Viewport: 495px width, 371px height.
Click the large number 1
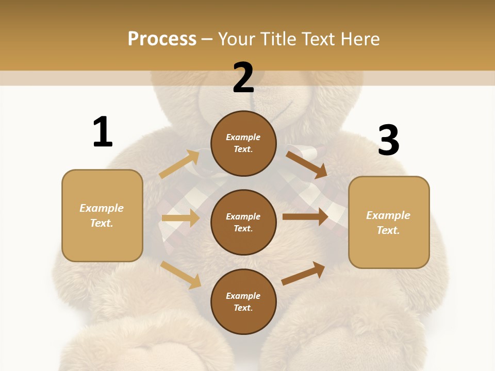click(x=103, y=132)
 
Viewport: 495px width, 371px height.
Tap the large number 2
click(x=243, y=78)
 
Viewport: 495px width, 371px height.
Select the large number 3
click(x=388, y=140)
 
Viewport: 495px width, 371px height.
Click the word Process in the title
click(x=162, y=39)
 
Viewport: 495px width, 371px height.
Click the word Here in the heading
click(x=359, y=39)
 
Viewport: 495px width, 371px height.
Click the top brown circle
click(x=243, y=143)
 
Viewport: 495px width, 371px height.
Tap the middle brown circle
click(x=243, y=222)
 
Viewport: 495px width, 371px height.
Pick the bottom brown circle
click(x=243, y=301)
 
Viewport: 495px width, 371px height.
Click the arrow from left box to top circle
click(x=180, y=164)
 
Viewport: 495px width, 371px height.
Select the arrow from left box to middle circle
click(x=180, y=218)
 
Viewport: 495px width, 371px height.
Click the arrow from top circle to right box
click(x=307, y=164)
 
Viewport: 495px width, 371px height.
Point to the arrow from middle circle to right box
click(x=305, y=217)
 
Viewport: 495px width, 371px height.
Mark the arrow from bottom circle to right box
click(x=304, y=273)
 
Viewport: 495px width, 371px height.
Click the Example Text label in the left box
click(x=102, y=215)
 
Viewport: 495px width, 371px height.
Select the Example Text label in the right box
click(x=388, y=223)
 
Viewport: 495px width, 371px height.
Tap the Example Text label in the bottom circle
click(x=243, y=301)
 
